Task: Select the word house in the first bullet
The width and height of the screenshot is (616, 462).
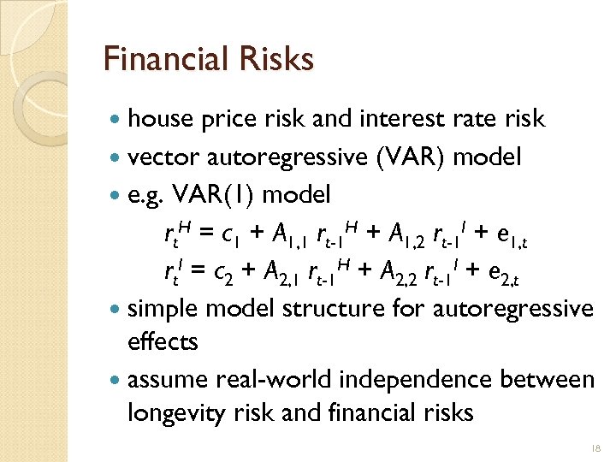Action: coord(160,118)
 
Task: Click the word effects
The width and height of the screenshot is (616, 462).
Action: coord(163,341)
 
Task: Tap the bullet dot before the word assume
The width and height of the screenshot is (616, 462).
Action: coord(115,379)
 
